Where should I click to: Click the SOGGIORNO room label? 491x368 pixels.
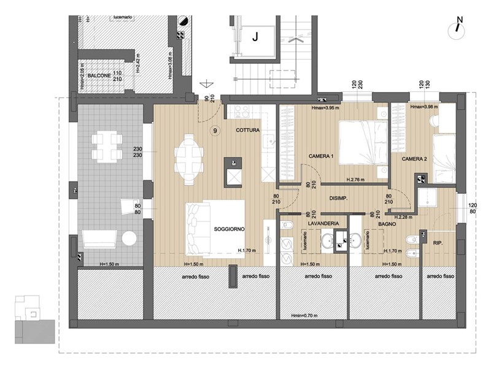click(x=230, y=229)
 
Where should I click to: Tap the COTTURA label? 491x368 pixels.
click(x=247, y=130)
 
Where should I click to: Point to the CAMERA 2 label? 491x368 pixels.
click(x=414, y=159)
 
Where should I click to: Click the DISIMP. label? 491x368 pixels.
click(x=339, y=198)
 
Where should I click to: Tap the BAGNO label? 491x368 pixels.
click(x=387, y=225)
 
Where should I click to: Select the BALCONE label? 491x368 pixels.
click(x=99, y=75)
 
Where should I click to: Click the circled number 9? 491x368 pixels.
click(x=214, y=130)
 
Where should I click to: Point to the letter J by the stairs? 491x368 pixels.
click(x=255, y=36)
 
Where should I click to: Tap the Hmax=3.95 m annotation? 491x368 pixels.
click(x=325, y=109)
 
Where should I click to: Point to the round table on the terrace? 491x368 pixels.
click(x=128, y=238)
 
